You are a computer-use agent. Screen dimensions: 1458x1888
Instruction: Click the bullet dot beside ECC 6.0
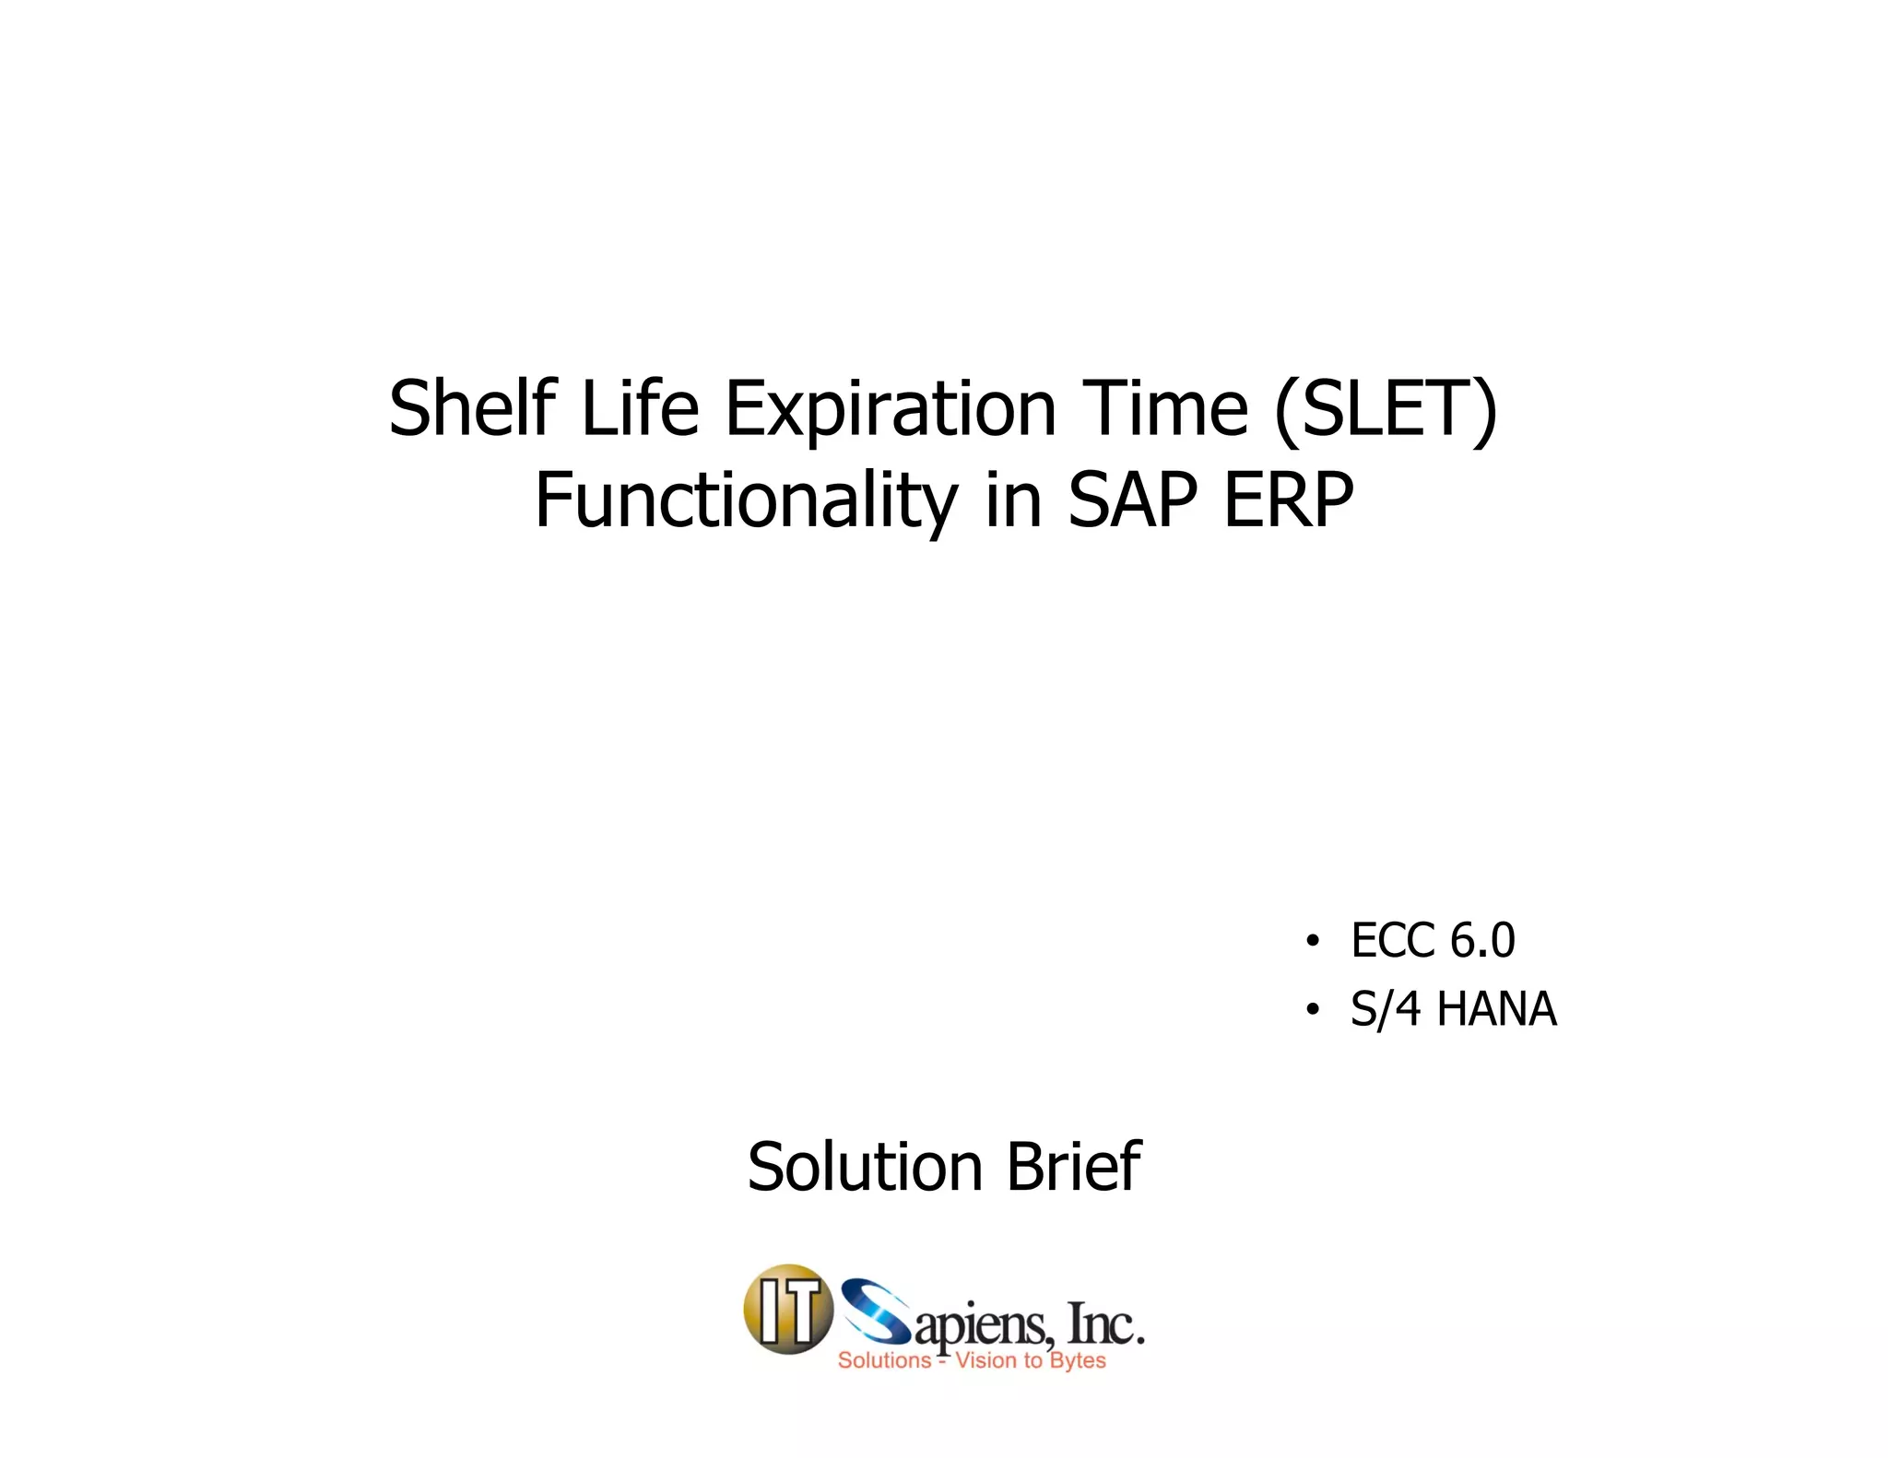click(1312, 942)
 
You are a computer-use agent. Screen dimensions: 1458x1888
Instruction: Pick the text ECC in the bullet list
click(1390, 941)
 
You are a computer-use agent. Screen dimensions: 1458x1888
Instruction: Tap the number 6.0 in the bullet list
click(1482, 941)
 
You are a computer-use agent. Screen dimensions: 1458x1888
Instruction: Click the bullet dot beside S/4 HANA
click(1312, 1010)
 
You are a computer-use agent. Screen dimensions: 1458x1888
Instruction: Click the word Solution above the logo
click(865, 1168)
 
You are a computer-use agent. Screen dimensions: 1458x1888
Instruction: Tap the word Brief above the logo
click(1072, 1168)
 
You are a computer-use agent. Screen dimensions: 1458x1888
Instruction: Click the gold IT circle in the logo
click(788, 1310)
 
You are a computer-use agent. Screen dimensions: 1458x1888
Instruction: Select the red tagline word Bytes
click(1078, 1361)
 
